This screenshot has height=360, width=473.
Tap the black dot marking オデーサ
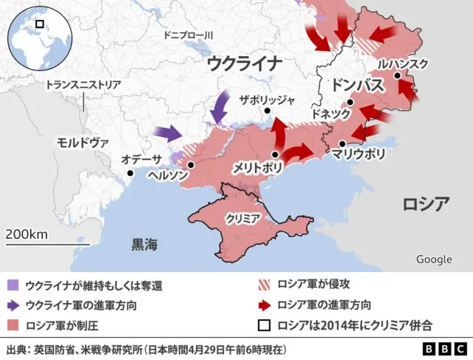coord(130,174)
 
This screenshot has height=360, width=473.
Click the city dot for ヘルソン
coord(191,166)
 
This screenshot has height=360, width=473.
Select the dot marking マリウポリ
coord(342,143)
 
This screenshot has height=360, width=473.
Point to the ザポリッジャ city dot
coord(268,112)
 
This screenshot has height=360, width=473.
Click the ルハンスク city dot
coord(398,75)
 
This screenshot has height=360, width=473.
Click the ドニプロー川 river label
coord(188,35)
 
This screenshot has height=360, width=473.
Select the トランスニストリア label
coord(83,85)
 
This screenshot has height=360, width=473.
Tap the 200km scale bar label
coord(27,234)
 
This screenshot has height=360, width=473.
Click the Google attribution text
coord(434,259)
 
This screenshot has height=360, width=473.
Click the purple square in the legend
coord(13,285)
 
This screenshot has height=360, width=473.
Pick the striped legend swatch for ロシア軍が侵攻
coord(263,285)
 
